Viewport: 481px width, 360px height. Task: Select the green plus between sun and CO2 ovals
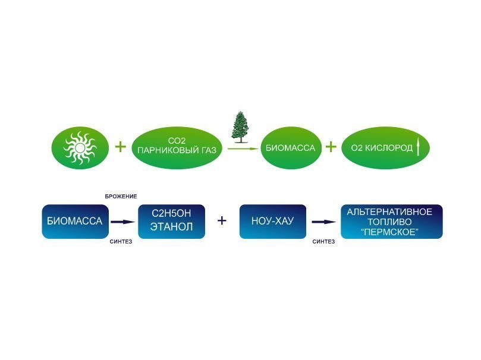tap(120, 147)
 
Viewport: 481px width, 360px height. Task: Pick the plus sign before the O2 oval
tap(331, 147)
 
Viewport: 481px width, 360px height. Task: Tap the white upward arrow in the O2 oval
tap(419, 147)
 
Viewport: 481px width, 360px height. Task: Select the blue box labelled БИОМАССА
tap(74, 222)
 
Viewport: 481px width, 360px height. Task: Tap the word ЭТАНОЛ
tap(171, 228)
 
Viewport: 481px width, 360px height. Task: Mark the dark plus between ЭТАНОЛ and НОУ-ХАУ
tap(222, 221)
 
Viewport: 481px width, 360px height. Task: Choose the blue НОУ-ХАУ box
tap(272, 222)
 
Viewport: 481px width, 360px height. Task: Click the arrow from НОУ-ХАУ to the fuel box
tap(324, 222)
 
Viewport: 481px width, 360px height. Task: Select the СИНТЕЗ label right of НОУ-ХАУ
tap(323, 242)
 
